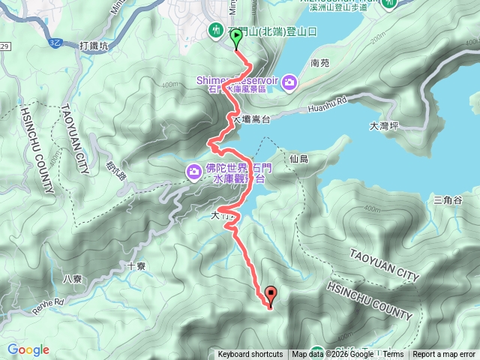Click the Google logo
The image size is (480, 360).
[28, 349]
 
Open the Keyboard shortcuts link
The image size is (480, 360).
[250, 355]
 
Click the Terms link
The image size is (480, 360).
[393, 355]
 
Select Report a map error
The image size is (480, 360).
[445, 355]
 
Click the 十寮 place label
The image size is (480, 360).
[136, 265]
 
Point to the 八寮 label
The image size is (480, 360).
[72, 278]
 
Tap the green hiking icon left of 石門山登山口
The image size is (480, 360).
[216, 30]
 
